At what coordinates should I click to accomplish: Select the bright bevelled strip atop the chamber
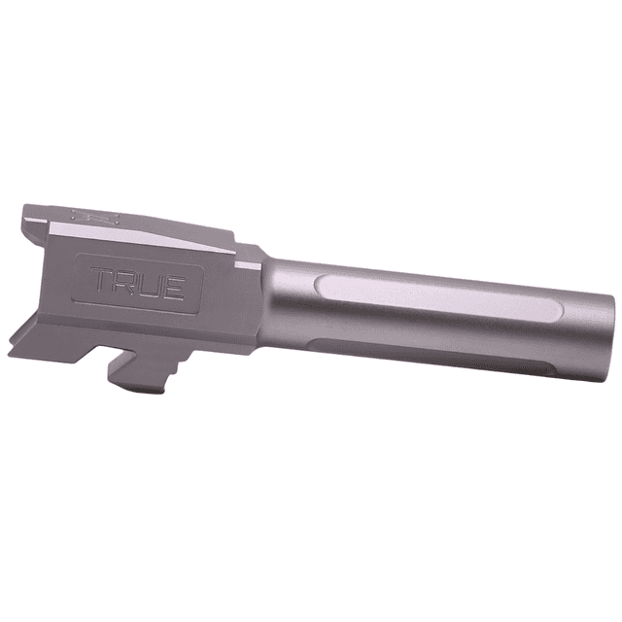(x=146, y=237)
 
